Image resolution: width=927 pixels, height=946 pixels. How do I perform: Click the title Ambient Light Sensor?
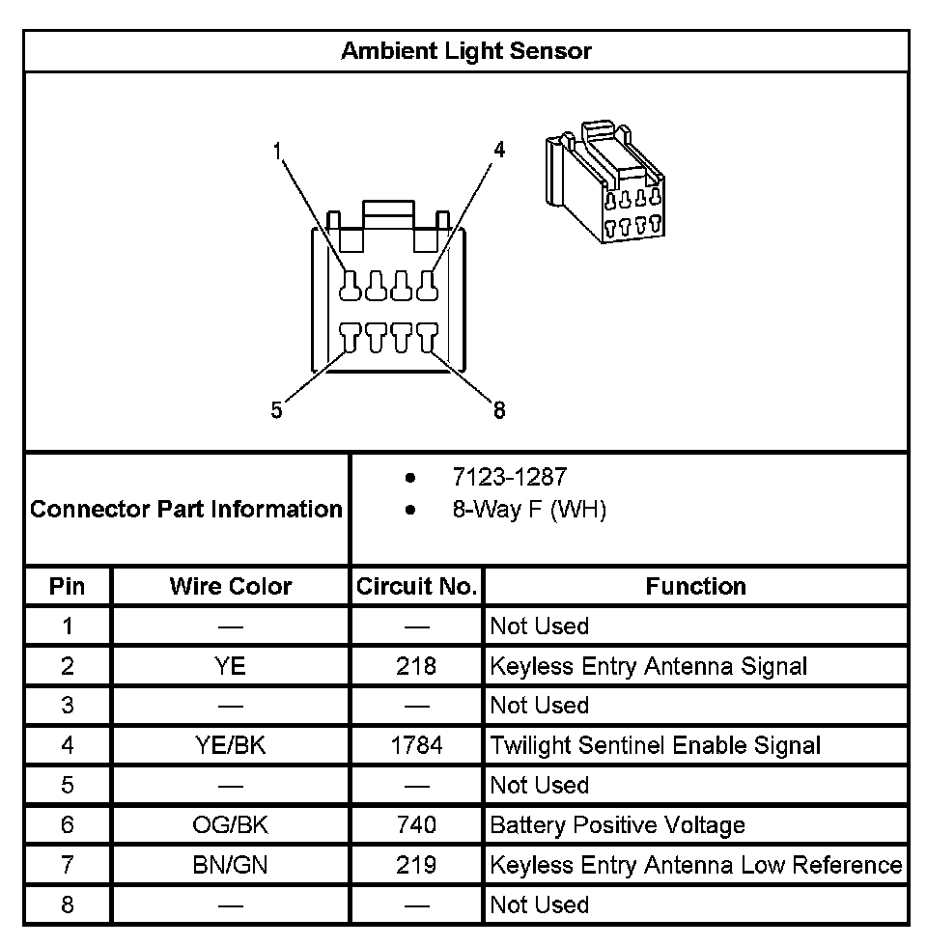(465, 50)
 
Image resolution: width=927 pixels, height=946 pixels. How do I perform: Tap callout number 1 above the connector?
(278, 151)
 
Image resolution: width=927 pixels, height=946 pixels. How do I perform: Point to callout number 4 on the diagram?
(499, 150)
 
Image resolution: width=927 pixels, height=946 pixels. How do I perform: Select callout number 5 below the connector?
(277, 410)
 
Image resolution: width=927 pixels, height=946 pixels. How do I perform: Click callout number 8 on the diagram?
(499, 410)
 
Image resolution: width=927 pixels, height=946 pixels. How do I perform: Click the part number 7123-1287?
(510, 477)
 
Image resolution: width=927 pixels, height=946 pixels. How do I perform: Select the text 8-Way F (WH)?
(529, 510)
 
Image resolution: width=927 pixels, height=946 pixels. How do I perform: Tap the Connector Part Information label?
(186, 509)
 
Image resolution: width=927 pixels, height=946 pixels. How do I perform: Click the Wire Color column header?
(231, 586)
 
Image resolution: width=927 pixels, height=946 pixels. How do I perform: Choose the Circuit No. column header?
(416, 586)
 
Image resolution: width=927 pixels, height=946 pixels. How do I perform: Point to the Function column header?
(695, 586)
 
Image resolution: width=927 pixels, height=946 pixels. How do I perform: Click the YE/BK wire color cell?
(231, 745)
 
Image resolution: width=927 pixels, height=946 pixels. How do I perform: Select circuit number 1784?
(416, 745)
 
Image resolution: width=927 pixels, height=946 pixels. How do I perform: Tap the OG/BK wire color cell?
(231, 825)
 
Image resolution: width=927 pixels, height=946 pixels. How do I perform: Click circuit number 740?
(416, 825)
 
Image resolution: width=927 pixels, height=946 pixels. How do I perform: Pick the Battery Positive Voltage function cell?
(618, 825)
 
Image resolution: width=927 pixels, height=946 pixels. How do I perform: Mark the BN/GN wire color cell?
(231, 865)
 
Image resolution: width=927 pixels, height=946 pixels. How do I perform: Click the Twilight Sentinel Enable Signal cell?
(656, 745)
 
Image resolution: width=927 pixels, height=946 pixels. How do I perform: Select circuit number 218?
(416, 666)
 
